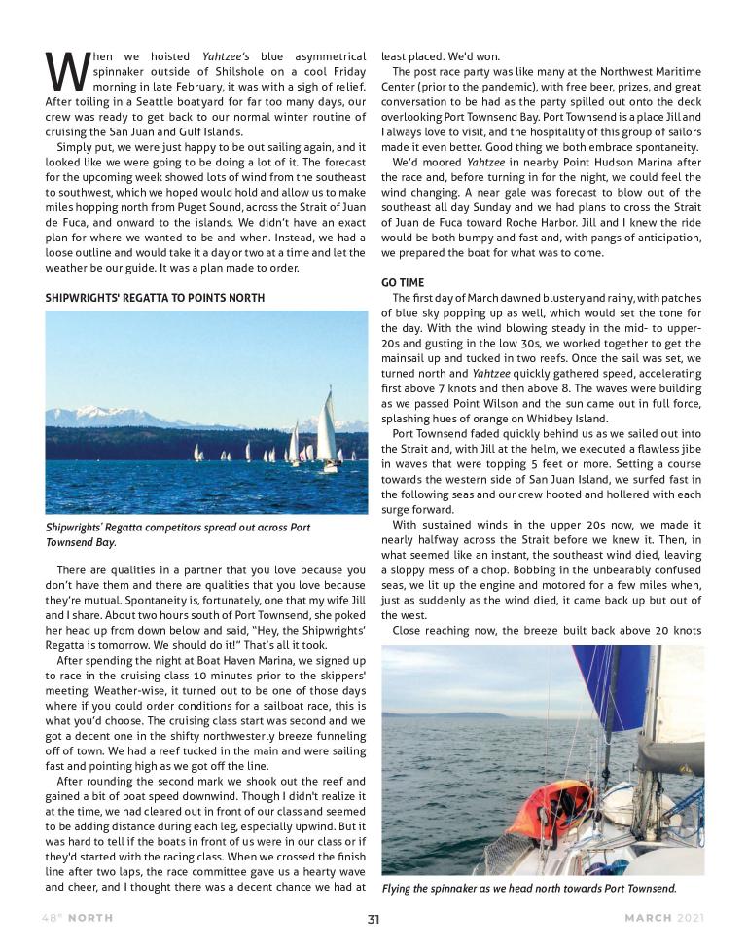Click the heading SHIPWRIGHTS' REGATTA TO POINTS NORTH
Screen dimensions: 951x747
pos(155,297)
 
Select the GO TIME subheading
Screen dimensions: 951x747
pos(403,282)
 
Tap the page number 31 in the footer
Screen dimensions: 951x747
pos(373,918)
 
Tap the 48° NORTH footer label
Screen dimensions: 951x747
pos(77,918)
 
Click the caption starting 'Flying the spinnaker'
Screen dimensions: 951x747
pos(528,889)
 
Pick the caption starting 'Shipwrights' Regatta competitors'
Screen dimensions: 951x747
pos(178,534)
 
